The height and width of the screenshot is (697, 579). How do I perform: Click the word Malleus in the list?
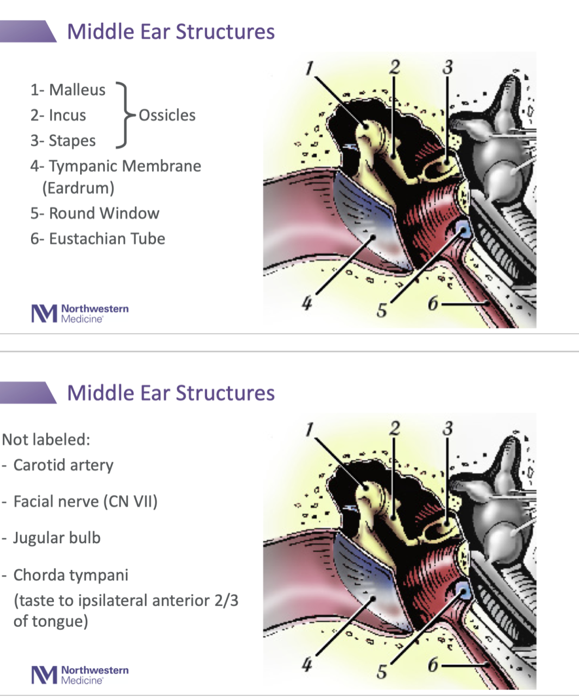point(77,90)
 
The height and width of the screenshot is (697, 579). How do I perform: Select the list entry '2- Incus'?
point(58,116)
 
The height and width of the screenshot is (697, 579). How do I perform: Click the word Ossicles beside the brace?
point(167,116)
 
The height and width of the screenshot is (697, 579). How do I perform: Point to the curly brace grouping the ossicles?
point(124,116)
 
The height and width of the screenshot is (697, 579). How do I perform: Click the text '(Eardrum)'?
point(78,188)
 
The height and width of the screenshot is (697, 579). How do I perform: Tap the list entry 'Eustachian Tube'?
point(107,239)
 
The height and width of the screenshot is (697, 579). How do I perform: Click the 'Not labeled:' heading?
point(46,440)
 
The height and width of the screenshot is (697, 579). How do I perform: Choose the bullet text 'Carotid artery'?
point(63,465)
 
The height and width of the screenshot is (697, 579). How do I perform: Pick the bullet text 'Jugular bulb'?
point(57,538)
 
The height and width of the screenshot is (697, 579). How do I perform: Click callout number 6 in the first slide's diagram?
point(433,303)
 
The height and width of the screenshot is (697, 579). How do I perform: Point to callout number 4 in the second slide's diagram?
point(307,665)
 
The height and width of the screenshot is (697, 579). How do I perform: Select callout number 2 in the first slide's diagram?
point(394,67)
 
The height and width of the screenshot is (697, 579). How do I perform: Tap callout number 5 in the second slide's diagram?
point(382,671)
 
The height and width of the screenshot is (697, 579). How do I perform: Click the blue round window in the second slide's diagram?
point(464,592)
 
